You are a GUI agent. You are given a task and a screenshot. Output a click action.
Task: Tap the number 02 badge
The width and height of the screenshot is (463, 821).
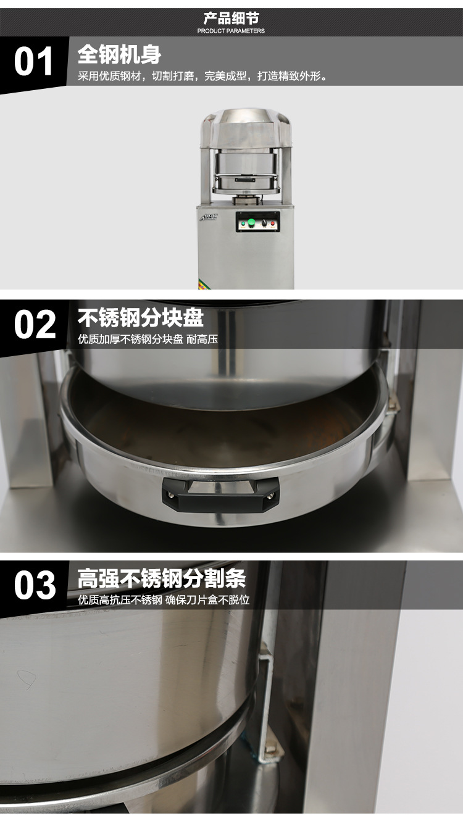click(35, 325)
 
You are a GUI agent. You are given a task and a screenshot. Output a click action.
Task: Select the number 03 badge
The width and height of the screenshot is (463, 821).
click(35, 586)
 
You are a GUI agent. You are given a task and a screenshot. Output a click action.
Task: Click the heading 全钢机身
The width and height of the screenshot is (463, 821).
click(119, 54)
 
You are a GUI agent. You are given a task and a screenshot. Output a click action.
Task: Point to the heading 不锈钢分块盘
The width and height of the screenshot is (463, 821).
click(140, 318)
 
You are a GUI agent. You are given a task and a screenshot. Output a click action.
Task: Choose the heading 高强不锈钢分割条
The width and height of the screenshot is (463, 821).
click(162, 579)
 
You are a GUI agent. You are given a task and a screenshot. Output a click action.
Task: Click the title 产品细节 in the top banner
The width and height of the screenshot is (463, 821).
click(231, 18)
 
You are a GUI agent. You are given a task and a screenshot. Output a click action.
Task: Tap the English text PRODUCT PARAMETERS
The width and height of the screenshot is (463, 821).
click(231, 31)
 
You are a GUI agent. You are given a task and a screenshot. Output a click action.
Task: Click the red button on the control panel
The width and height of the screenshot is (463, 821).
click(273, 223)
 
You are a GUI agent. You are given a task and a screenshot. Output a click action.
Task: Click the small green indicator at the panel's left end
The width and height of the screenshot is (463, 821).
click(243, 223)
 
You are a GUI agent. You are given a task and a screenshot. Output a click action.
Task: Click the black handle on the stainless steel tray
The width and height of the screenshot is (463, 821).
click(220, 493)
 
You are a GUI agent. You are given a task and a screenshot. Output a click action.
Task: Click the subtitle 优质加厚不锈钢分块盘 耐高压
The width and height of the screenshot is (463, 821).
click(148, 340)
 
